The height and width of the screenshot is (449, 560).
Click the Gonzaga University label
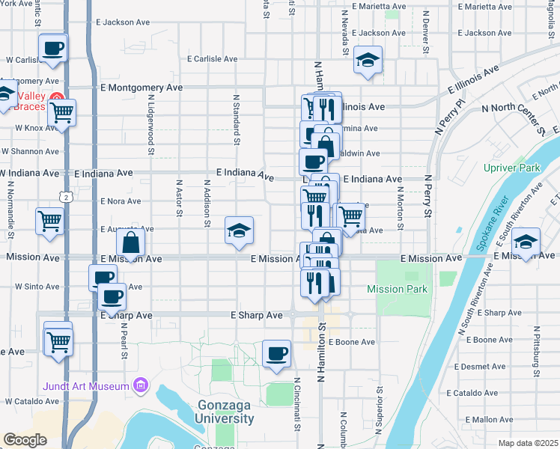click(x=226, y=412)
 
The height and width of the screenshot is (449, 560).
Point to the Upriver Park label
click(x=513, y=168)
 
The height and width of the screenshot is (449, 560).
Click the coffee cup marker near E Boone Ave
click(x=276, y=352)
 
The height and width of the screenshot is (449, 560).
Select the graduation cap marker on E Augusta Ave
click(x=239, y=230)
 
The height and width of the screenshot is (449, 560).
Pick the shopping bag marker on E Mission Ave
click(x=131, y=242)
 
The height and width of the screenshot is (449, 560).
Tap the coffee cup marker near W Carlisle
click(x=53, y=49)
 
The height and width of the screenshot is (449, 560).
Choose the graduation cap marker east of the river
click(x=526, y=242)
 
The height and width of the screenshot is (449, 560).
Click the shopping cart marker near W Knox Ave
click(x=62, y=113)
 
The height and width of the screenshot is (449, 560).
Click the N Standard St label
click(x=237, y=119)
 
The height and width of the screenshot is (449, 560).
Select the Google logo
click(x=25, y=440)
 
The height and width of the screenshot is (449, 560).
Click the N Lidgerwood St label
click(x=151, y=124)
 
